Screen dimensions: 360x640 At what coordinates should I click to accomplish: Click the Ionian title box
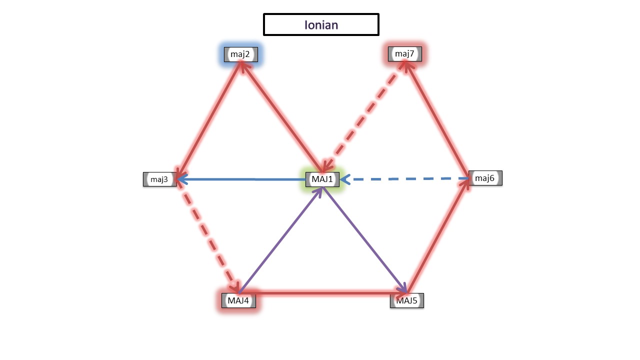[321, 24]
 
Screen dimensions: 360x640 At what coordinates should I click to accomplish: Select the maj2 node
[240, 54]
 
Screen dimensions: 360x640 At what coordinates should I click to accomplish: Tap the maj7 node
[404, 54]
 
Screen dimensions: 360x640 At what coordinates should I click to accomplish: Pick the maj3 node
[159, 179]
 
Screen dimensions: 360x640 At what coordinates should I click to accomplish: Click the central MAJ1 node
[322, 178]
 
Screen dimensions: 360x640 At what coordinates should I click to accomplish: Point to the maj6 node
[485, 178]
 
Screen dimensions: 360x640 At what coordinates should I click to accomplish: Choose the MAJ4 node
[238, 300]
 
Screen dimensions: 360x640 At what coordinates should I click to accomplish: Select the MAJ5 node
[407, 300]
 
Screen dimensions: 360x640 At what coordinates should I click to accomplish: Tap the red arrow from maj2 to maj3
[209, 115]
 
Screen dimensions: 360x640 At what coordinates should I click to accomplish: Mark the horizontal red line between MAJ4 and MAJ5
[322, 292]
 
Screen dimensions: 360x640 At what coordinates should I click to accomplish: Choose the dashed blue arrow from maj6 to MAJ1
[405, 178]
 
